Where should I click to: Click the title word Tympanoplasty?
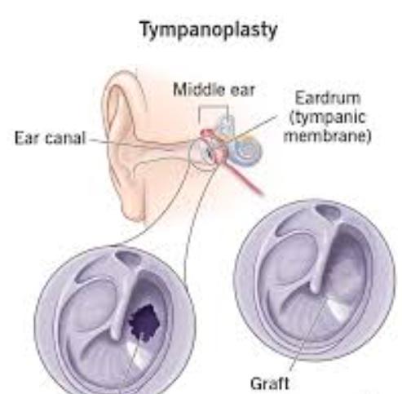coord(209,31)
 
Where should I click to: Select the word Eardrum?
coord(328,98)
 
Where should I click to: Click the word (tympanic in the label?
coord(327,117)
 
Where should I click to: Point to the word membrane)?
coord(327,135)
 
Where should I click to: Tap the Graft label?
coord(269,383)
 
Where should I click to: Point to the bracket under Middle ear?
coord(214,107)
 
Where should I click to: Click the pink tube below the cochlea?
coord(245,178)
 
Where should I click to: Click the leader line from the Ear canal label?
coord(144,144)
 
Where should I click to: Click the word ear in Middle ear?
coord(243,91)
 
